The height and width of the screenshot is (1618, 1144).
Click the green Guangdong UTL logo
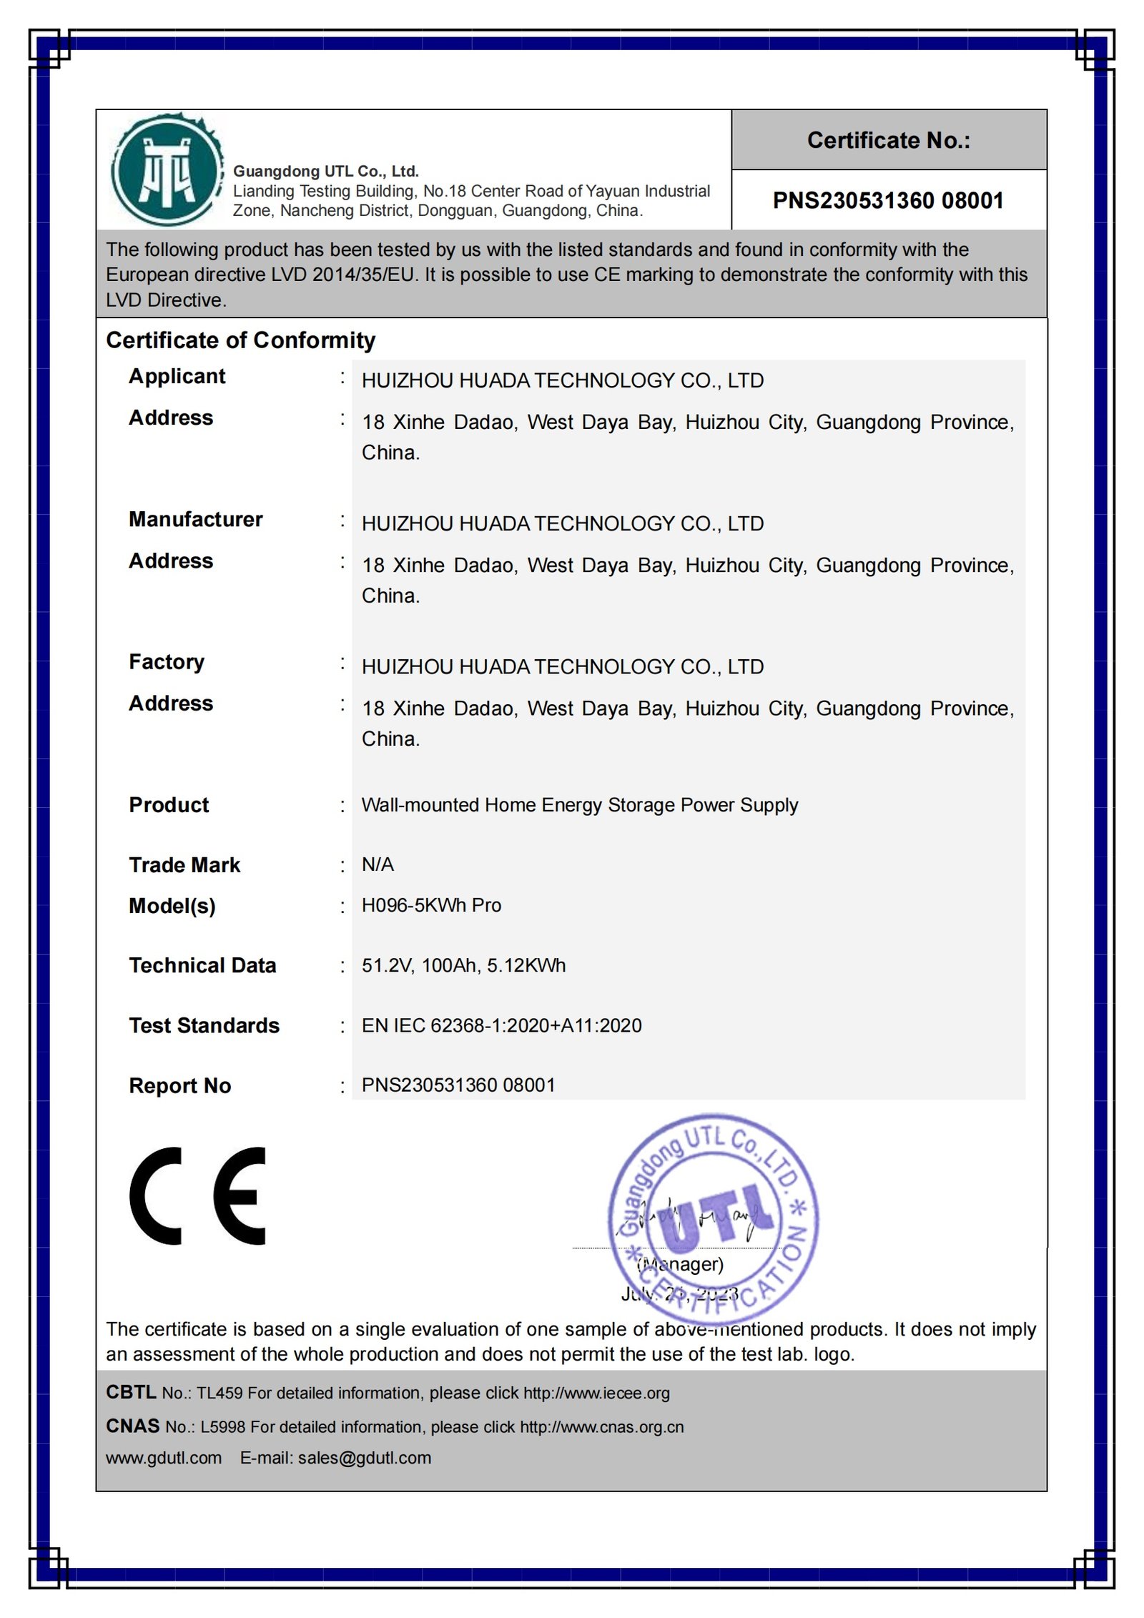(x=166, y=171)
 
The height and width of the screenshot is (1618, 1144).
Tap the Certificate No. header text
(x=888, y=140)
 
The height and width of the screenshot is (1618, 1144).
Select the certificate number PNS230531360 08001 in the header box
(x=888, y=201)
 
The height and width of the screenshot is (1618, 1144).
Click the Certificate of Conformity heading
(x=240, y=340)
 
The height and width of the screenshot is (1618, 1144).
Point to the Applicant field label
(x=177, y=377)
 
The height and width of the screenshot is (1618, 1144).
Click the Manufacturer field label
(x=195, y=520)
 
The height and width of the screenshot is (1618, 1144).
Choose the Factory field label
(x=166, y=662)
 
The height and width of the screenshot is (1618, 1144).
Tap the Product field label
(x=169, y=805)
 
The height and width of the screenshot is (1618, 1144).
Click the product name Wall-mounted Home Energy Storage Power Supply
(x=579, y=805)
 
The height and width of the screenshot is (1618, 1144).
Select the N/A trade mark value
(x=378, y=865)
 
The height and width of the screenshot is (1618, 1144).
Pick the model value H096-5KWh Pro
(x=431, y=906)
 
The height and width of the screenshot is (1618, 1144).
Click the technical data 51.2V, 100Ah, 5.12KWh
(x=463, y=966)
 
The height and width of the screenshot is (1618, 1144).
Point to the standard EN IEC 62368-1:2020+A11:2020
(x=501, y=1026)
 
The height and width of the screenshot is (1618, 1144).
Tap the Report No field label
(x=179, y=1086)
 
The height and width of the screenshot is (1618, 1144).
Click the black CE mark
(x=198, y=1196)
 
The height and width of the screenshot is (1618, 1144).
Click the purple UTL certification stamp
(x=713, y=1218)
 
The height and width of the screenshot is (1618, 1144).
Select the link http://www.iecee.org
(x=596, y=1393)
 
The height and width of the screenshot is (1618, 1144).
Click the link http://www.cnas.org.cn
(x=601, y=1427)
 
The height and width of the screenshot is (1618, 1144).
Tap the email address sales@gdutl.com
(x=365, y=1458)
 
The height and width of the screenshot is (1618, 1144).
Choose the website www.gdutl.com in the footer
(x=164, y=1458)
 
